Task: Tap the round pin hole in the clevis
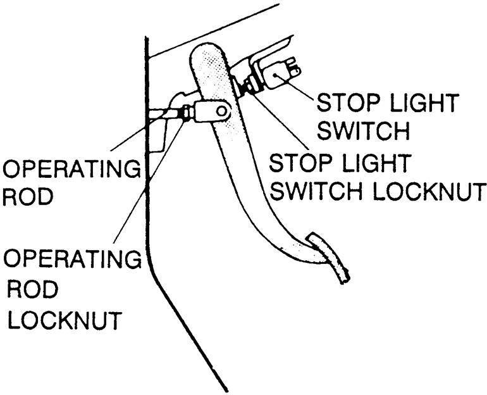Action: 221,111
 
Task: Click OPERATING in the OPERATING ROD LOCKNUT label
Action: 71,258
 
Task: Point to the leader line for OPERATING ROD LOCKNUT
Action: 152,184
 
